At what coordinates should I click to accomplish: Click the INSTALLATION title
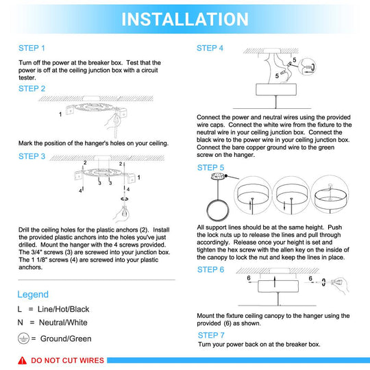coord(185,19)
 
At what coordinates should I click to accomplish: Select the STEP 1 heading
coord(32,48)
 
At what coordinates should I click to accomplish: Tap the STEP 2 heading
coord(32,88)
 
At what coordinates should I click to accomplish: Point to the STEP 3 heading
coord(32,156)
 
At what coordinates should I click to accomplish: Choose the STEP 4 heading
coord(210,48)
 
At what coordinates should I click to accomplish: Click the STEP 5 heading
coord(211,168)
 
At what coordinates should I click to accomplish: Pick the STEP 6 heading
coord(211,269)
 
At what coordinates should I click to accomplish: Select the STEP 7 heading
coord(211,335)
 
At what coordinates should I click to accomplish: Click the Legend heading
coord(33,295)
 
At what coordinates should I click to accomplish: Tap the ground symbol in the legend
coord(23,338)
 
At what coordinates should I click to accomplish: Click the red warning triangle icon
coord(22,360)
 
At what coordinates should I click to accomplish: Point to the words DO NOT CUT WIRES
coord(67,360)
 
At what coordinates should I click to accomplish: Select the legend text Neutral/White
coord(63,322)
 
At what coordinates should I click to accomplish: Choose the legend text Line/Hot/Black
coord(64,309)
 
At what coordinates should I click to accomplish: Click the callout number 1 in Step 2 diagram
coord(60,114)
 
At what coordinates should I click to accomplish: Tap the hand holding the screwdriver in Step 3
coord(122,214)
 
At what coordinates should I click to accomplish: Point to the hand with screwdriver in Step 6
coord(340,285)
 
